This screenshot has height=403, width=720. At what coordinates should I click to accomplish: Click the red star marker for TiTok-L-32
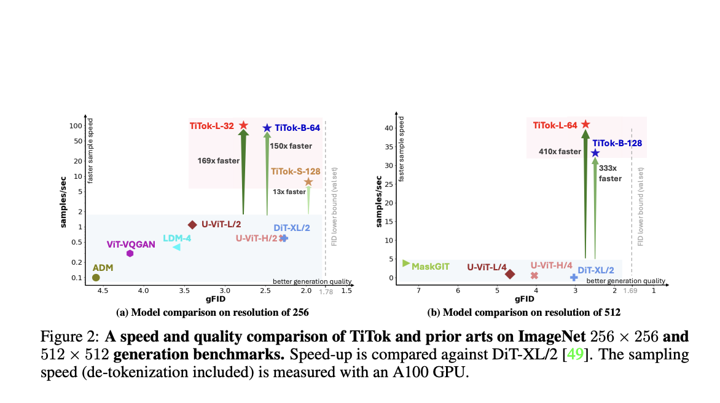point(243,125)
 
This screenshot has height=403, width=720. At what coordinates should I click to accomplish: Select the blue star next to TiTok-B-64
point(267,128)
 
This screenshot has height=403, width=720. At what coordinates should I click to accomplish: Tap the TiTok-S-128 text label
point(295,171)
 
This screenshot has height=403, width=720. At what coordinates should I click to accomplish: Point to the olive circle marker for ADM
point(96,278)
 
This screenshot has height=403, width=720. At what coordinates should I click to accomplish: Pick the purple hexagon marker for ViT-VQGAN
point(130,253)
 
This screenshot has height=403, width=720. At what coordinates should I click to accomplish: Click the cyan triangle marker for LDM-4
point(176,247)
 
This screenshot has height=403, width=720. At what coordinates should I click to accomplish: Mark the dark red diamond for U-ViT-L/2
point(192,225)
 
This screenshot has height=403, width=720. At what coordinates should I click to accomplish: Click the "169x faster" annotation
point(218,161)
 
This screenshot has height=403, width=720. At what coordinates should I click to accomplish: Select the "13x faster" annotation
point(289,192)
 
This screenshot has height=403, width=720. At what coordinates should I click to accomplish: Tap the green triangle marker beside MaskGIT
point(405,263)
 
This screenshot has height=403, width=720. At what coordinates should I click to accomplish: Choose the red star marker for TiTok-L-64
point(585,125)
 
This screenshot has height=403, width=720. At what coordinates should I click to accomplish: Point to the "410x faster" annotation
point(560,151)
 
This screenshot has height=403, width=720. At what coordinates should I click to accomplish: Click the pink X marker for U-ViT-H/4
point(534,276)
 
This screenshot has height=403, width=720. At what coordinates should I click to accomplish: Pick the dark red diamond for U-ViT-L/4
point(509,274)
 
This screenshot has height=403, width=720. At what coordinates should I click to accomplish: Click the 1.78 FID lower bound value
point(326,292)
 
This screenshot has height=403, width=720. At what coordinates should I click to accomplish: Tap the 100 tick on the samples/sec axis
point(76,126)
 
